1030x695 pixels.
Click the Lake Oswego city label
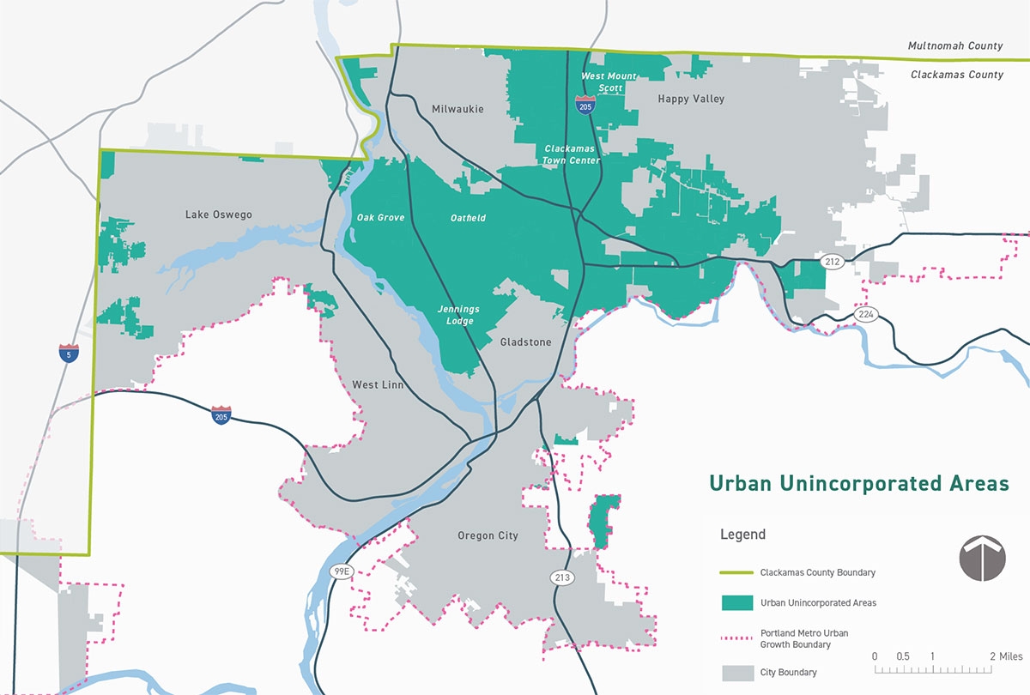pos(219,215)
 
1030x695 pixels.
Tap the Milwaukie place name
pos(457,109)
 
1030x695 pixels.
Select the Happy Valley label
pos(691,99)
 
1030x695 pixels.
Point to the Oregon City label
pos(488,535)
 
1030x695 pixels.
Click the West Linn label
pos(378,384)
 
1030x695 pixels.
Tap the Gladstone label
pos(525,341)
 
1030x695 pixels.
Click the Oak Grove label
pos(380,218)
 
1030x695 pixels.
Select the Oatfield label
pos(468,218)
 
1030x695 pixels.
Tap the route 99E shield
pos(342,571)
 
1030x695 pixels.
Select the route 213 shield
pos(562,578)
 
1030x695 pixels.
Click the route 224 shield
pos(865,315)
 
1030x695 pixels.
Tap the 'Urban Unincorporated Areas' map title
pos(857,484)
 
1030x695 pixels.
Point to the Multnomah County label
pos(955,45)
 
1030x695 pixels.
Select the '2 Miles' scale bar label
pos(1006,656)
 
